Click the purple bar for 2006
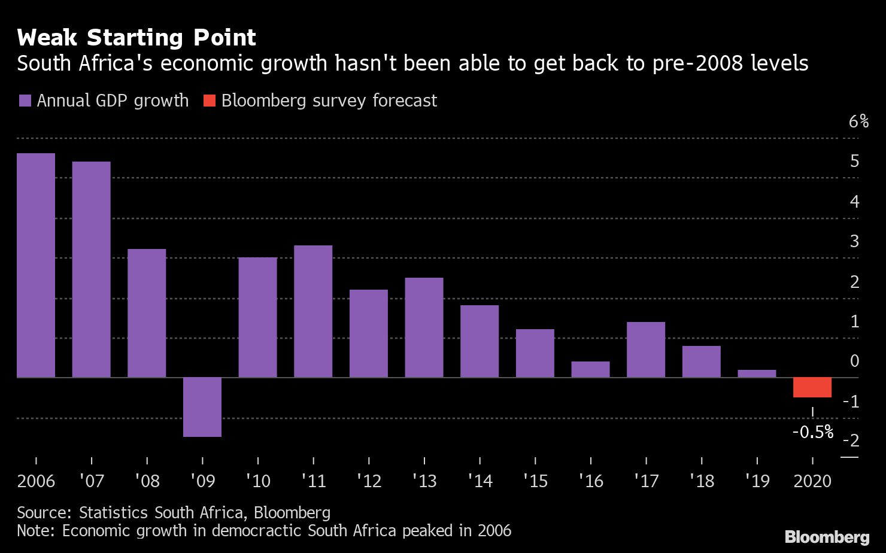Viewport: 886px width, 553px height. coord(36,265)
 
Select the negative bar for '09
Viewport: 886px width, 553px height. coord(202,407)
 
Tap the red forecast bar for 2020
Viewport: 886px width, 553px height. coord(812,387)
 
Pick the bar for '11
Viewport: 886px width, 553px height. coord(313,311)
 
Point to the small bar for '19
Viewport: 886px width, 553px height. coord(757,373)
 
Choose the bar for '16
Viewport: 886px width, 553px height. coord(590,369)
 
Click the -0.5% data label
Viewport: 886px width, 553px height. coord(812,432)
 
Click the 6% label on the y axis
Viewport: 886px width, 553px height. coord(858,121)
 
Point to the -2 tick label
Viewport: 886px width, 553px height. coord(851,440)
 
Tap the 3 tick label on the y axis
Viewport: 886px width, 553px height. coord(854,241)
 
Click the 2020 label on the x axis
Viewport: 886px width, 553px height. coord(812,481)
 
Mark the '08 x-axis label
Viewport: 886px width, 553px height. coord(147,481)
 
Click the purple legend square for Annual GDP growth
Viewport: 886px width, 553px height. coord(25,101)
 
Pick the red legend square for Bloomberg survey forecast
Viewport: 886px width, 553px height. coord(209,101)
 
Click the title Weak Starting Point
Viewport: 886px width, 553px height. coord(136,38)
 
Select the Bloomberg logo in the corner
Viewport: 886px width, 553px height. coord(827,537)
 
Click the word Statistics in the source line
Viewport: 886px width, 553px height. coord(114,512)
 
